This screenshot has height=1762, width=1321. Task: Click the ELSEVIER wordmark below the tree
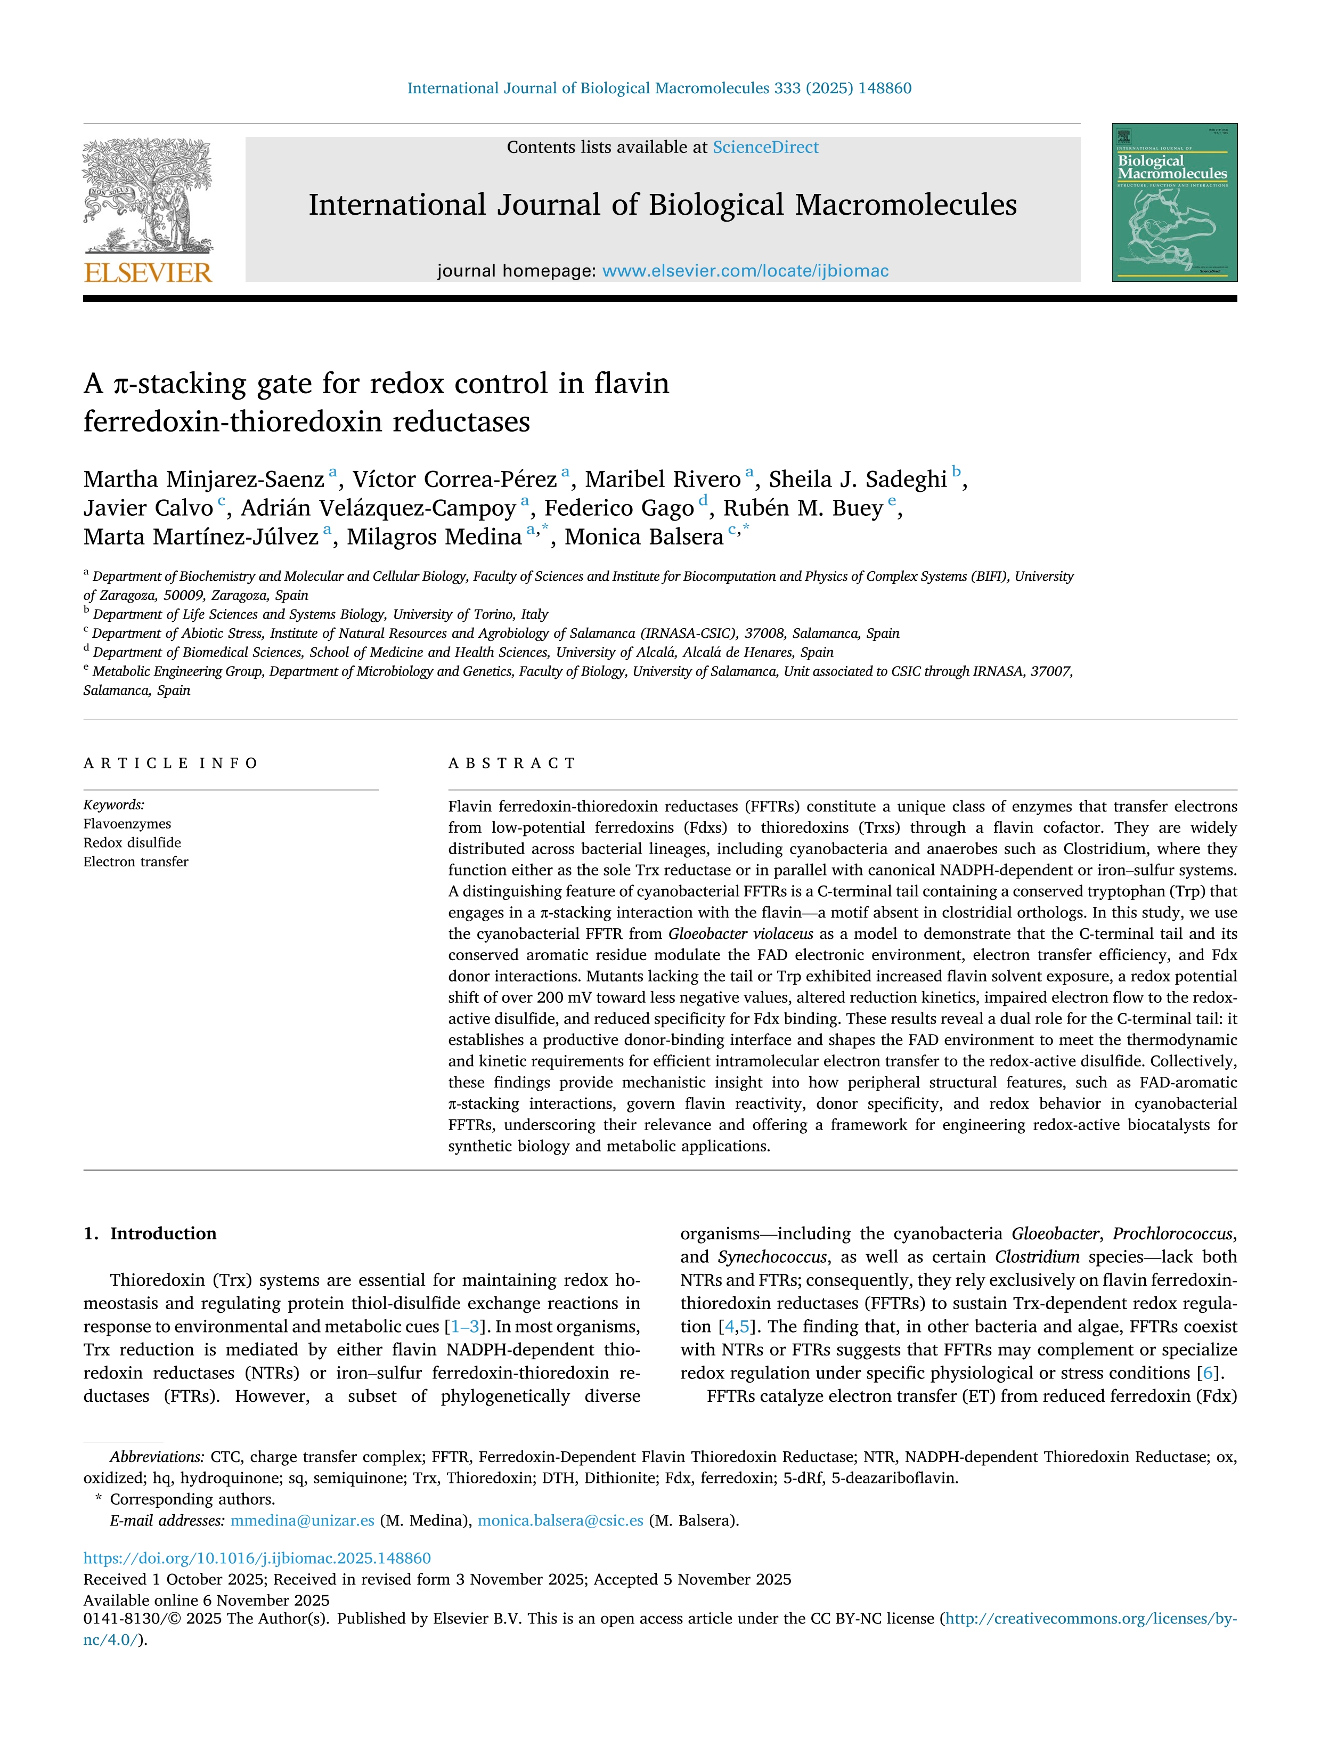pos(148,273)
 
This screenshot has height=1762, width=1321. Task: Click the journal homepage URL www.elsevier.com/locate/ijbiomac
pos(745,271)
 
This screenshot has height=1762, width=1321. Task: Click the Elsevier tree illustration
pos(148,195)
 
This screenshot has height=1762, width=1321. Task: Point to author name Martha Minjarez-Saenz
pos(204,480)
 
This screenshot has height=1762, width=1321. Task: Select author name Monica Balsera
pos(643,537)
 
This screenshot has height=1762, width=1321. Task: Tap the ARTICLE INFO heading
pos(170,763)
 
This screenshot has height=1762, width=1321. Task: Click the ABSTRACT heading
pos(511,763)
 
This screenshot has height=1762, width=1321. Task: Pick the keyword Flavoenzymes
pos(127,824)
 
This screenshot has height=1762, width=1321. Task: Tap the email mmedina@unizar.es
pos(302,1521)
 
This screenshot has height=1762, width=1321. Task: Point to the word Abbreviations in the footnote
pos(157,1457)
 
